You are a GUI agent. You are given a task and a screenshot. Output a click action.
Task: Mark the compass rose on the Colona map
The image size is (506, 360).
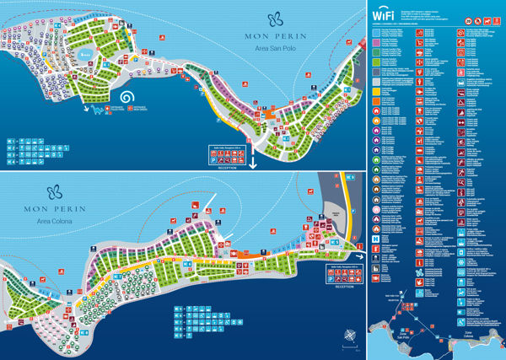click(348, 341)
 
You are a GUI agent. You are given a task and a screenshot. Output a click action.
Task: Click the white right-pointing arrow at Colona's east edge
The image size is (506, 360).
click(361, 258)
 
